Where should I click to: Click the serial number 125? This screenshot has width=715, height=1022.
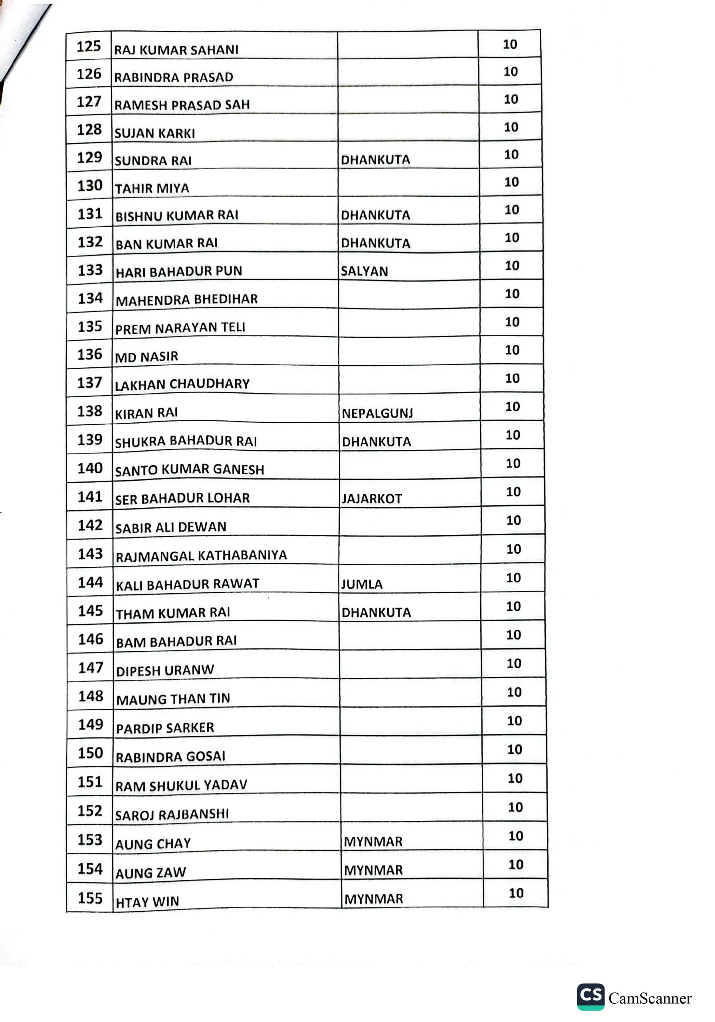tap(89, 46)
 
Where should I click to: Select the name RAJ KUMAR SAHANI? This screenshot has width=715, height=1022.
tap(176, 50)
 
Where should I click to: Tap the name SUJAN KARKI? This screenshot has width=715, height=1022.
tap(154, 133)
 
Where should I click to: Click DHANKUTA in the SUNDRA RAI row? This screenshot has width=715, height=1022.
tap(375, 160)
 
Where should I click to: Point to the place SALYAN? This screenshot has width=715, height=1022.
tap(364, 271)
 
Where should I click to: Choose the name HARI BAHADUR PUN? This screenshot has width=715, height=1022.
tap(178, 271)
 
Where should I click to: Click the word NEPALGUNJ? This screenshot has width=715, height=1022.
tap(377, 414)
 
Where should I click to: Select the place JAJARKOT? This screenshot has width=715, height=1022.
tap(371, 499)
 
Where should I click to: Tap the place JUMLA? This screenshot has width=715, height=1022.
tap(362, 584)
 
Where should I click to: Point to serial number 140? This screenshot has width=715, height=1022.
tap(90, 468)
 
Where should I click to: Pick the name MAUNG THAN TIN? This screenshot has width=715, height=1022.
tap(173, 699)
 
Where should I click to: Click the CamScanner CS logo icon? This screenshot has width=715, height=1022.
tap(590, 996)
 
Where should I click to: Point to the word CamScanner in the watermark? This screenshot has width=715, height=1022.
tap(650, 998)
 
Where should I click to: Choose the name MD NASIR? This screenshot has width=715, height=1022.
tap(147, 357)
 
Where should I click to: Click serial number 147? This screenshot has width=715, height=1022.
tap(91, 667)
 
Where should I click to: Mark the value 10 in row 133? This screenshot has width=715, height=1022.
tap(512, 266)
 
